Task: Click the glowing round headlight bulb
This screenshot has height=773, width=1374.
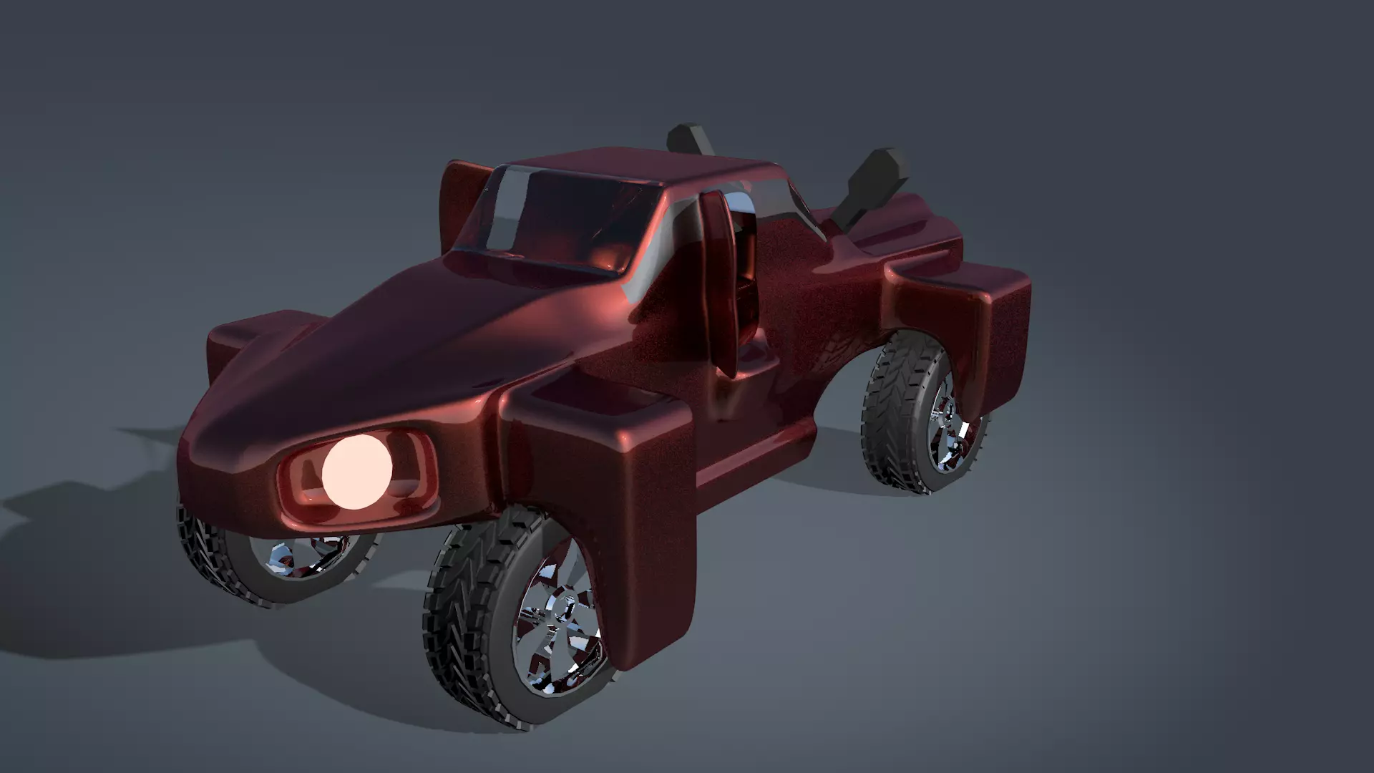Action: [x=356, y=472]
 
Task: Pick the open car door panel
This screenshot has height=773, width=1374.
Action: [x=718, y=279]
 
